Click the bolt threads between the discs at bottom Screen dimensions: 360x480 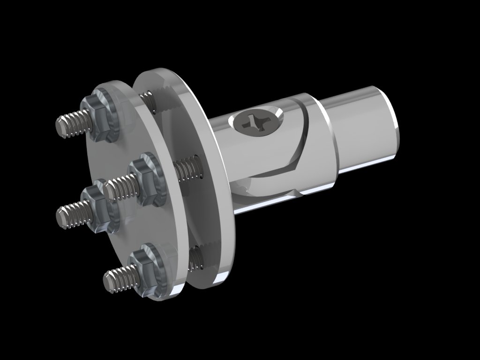tap(197, 258)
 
